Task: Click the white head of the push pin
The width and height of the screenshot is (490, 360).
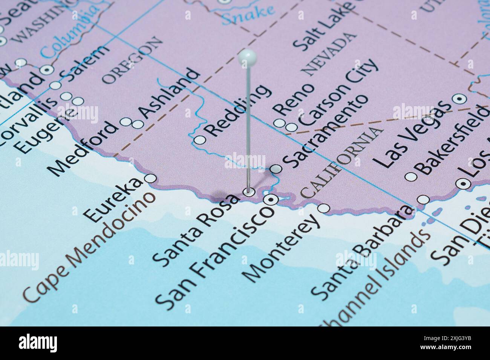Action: click(248, 57)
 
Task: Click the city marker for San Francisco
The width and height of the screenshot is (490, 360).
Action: click(270, 200)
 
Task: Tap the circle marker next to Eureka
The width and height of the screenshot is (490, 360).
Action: click(151, 178)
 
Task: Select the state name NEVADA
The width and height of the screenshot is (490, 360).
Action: click(329, 54)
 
